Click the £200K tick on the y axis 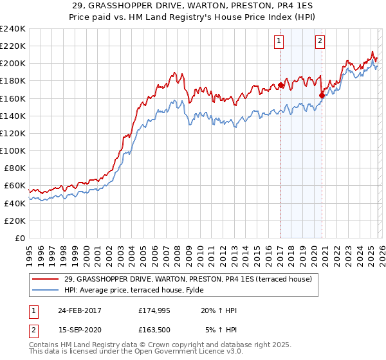click(x=13, y=64)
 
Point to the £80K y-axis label click(x=13, y=168)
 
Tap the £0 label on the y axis click(x=19, y=238)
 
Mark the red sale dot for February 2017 click(x=280, y=85)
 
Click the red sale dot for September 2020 click(x=322, y=95)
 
